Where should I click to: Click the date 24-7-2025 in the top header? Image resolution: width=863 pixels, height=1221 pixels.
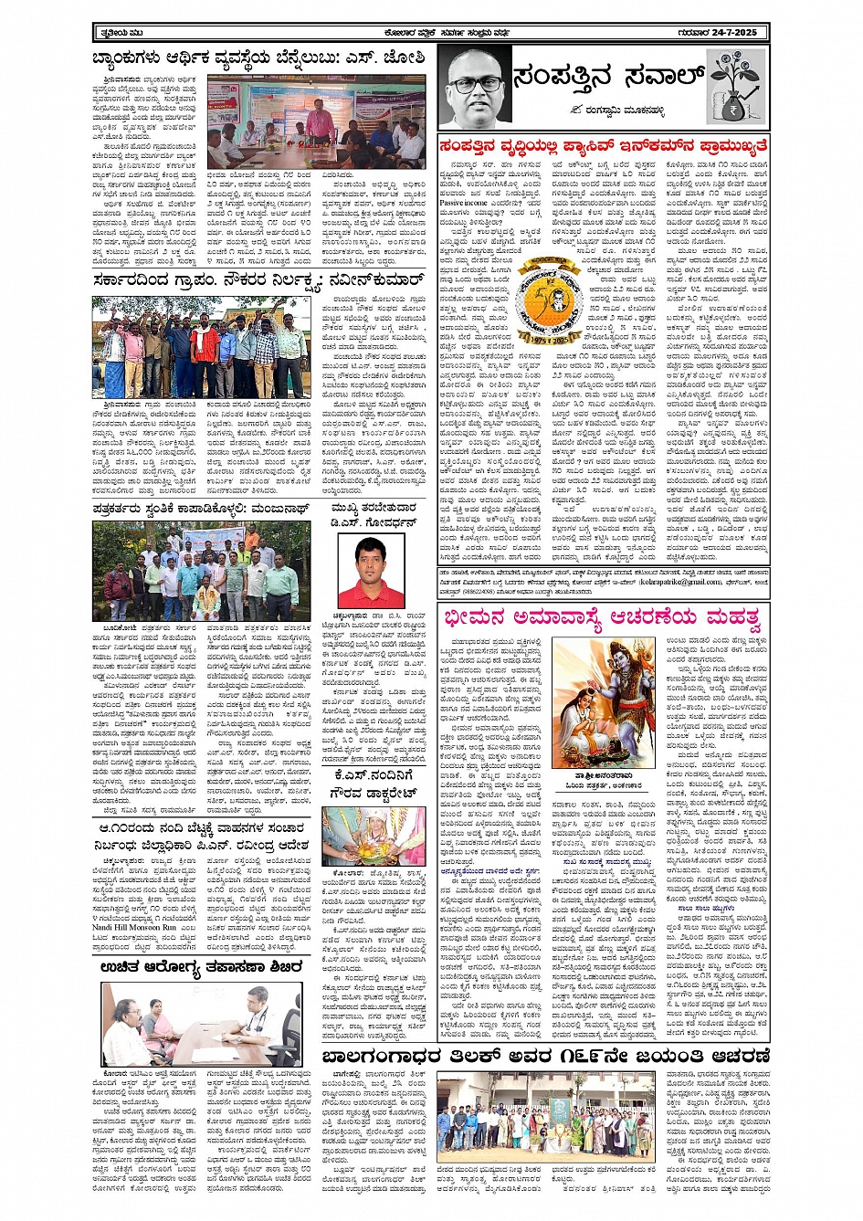click(731, 33)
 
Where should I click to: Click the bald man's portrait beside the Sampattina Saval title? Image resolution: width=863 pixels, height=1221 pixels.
click(474, 89)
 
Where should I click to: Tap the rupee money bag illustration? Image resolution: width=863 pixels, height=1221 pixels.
click(737, 87)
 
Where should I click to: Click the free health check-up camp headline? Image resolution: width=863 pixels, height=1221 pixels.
click(202, 967)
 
